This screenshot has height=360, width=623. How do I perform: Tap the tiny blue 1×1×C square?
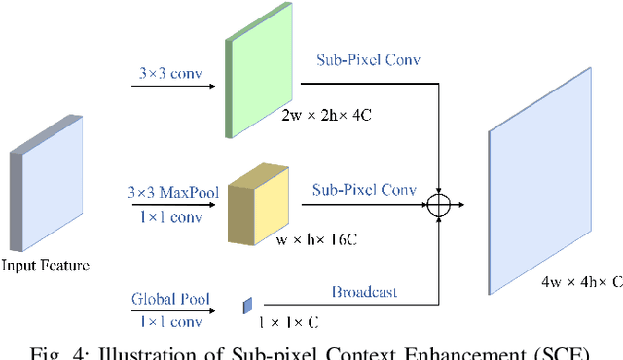click(247, 307)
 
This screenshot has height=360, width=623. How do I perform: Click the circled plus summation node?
click(439, 205)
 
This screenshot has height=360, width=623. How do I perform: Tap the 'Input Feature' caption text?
click(46, 264)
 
